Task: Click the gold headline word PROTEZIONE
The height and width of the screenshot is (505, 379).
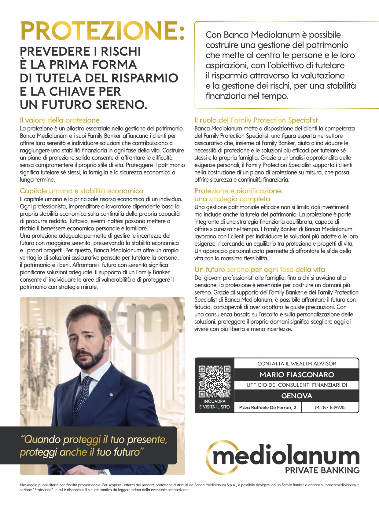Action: [102, 31]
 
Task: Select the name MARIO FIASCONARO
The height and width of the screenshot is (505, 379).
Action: [296, 375]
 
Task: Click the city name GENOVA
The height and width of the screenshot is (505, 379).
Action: [296, 396]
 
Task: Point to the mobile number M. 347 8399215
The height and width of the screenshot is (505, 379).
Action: [330, 408]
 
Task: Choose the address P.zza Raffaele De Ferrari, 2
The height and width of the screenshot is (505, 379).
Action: [268, 408]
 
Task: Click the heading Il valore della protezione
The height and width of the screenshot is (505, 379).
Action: [60, 120]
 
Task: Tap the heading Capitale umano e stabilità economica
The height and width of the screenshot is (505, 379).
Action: [82, 191]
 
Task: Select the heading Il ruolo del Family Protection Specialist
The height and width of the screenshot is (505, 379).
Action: [256, 120]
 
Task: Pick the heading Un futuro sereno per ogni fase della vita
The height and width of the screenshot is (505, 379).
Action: [259, 269]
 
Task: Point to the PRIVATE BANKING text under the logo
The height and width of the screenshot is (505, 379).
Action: [322, 470]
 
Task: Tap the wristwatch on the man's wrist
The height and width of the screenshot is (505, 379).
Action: [102, 472]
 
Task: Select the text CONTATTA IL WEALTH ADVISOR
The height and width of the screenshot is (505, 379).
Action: [296, 364]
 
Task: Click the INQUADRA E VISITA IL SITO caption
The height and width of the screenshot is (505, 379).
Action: [214, 404]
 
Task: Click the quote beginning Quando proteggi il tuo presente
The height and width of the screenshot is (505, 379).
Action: [94, 446]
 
